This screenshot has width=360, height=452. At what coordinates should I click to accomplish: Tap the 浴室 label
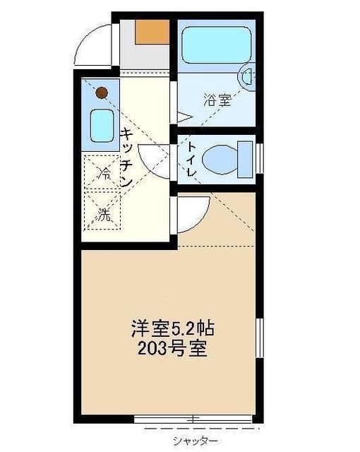[217, 100]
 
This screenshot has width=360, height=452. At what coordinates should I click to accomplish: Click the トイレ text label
[191, 158]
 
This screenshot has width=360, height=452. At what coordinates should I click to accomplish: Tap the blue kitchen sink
[102, 126]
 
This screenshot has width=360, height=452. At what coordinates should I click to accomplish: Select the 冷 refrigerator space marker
[103, 172]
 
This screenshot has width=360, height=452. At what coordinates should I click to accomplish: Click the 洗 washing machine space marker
[103, 216]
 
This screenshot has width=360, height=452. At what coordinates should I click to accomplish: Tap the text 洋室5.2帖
[172, 328]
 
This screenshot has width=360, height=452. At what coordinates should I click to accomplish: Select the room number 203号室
[173, 349]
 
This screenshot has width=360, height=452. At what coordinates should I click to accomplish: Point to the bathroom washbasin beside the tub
[248, 76]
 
